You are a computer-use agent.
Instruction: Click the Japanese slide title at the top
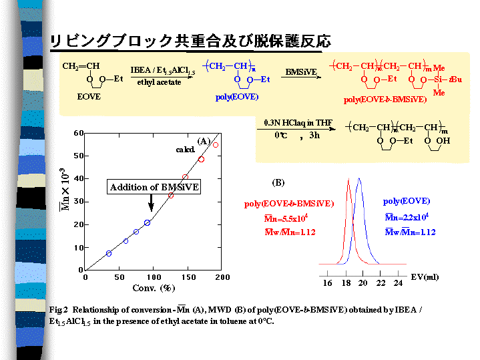pos(190,41)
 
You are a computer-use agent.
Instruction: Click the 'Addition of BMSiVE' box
pos(154,187)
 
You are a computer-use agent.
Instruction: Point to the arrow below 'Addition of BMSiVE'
pos(152,202)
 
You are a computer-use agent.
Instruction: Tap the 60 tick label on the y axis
pos(78,133)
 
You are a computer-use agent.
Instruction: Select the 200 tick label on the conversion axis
pos(222,277)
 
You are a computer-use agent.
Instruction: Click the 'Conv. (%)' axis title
pos(153,289)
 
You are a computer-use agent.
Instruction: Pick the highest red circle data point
pos(216,145)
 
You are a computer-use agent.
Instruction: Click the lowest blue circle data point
pos(109,253)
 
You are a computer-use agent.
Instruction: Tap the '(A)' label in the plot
pos(204,142)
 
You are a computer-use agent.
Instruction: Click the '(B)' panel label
pos(278,182)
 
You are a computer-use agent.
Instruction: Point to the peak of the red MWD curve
pos(348,180)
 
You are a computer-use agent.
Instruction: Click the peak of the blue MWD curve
pos(360,179)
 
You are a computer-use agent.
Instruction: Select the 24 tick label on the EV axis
pos(398,283)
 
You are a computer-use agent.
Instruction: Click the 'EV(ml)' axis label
pos(424,276)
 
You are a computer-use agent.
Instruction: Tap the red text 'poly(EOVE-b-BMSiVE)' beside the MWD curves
pos(289,204)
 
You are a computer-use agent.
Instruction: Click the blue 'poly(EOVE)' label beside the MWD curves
pos(407,200)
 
